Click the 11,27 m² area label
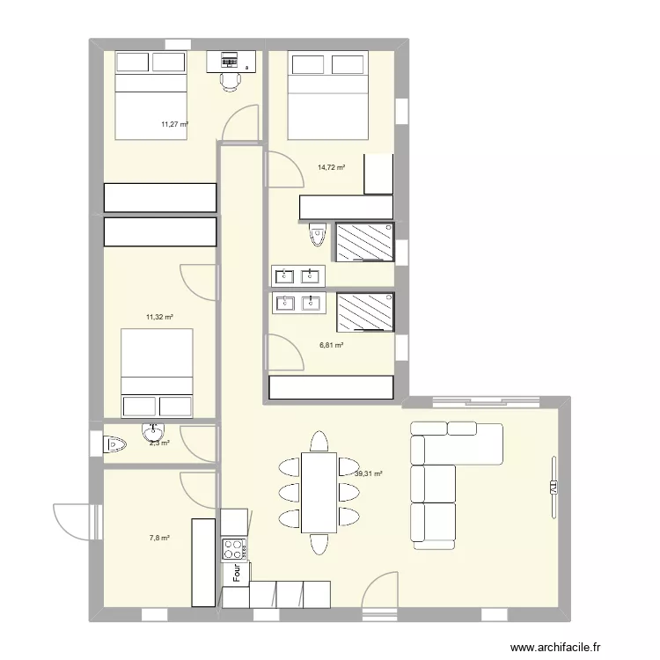(x=174, y=125)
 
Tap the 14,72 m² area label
(x=331, y=167)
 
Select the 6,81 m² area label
(x=331, y=346)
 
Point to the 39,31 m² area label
(x=368, y=473)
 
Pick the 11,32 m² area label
(x=159, y=317)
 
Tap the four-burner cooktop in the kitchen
(x=234, y=550)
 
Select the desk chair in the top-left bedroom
(x=231, y=81)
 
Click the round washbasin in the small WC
(x=153, y=433)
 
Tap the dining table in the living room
(x=319, y=492)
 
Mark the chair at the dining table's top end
(x=319, y=439)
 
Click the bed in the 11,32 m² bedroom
(x=157, y=372)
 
